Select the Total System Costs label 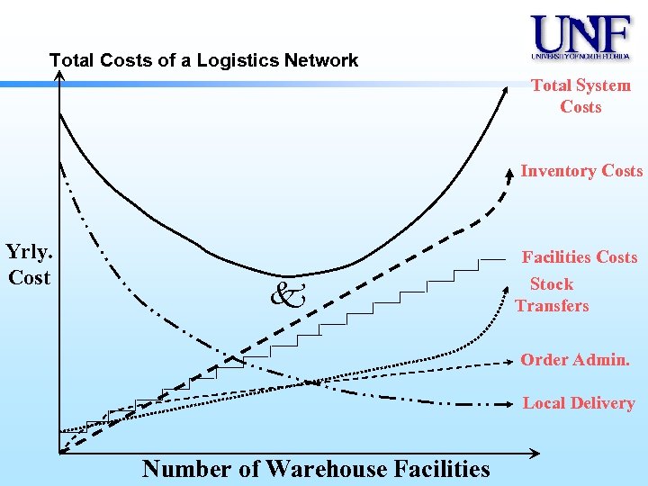click(580, 96)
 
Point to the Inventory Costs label click(581, 171)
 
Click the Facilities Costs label click(580, 257)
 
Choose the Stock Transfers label click(552, 295)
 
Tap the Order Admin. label click(574, 360)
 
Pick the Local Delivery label click(579, 403)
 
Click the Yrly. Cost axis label click(29, 264)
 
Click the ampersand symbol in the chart click(287, 292)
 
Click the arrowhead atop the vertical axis click(59, 76)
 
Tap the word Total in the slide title click(70, 61)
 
